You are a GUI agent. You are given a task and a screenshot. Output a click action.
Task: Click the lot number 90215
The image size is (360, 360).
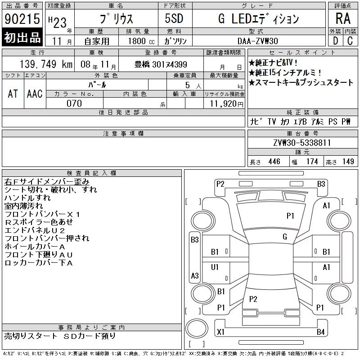point(22,18)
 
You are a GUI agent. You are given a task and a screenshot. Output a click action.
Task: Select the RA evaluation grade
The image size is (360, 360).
point(343,18)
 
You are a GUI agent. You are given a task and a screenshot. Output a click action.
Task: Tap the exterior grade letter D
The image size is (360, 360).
point(335,41)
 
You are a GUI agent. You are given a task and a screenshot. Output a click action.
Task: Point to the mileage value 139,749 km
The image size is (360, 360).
point(46,64)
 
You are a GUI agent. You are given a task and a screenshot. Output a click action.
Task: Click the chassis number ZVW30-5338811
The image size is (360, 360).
point(302,143)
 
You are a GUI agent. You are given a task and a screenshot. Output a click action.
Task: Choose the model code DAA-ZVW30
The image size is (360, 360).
point(258,41)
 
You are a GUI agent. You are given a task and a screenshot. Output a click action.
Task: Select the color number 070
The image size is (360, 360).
point(74,103)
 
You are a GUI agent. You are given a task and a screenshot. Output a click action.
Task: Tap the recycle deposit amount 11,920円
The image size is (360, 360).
point(227,104)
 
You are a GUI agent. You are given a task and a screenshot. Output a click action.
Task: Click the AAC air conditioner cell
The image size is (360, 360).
point(35,94)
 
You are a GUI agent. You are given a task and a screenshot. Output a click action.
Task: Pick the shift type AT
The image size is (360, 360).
point(13,94)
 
